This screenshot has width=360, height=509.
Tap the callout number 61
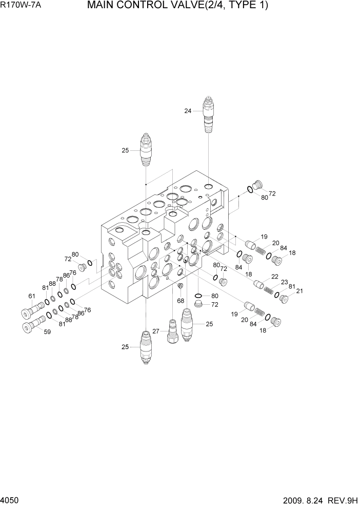pyautogui.click(x=31, y=296)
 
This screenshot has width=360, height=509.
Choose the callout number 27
pyautogui.click(x=156, y=331)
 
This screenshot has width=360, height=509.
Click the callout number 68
pyautogui.click(x=181, y=300)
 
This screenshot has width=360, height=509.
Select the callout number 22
pyautogui.click(x=275, y=277)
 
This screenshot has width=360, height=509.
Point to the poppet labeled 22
pyautogui.click(x=259, y=284)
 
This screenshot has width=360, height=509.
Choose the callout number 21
pyautogui.click(x=299, y=291)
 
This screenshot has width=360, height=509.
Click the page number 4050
pyautogui.click(x=10, y=500)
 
